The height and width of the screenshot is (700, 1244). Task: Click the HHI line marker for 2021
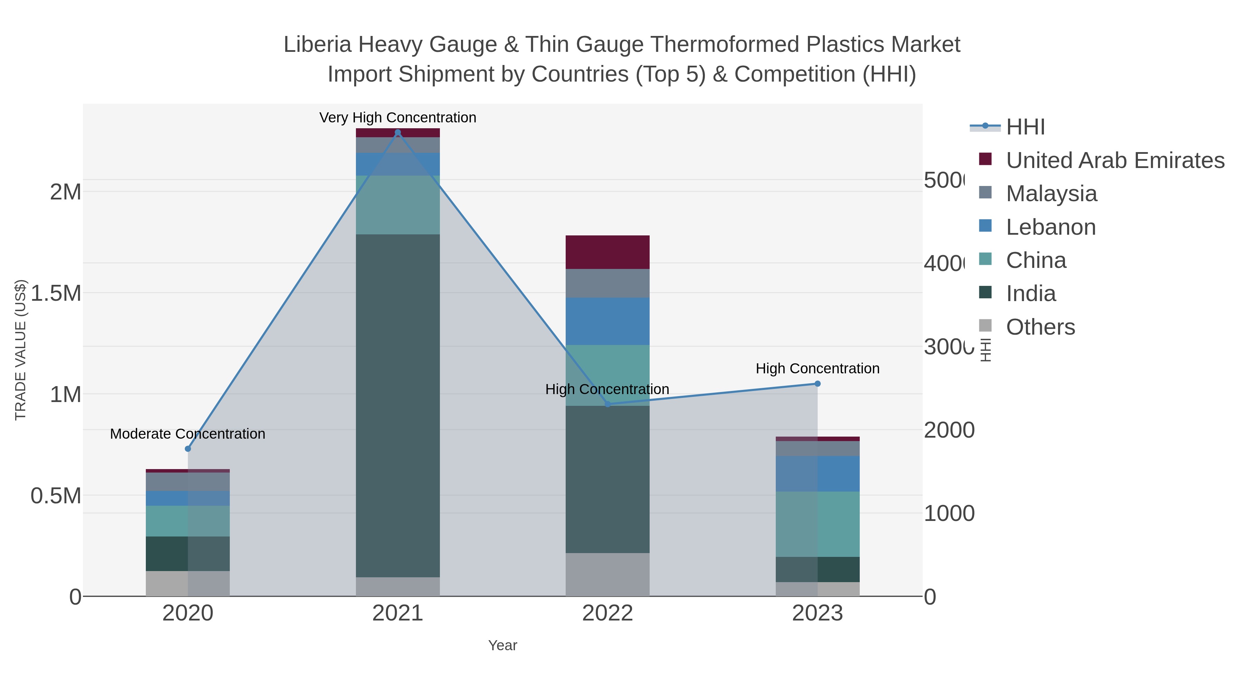[397, 132]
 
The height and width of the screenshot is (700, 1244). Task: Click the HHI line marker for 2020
[188, 449]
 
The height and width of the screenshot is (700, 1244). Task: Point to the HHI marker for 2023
[817, 384]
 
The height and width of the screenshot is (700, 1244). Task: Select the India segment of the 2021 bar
[397, 406]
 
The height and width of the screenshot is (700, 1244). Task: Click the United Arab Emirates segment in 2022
[607, 252]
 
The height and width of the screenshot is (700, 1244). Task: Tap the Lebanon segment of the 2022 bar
[607, 321]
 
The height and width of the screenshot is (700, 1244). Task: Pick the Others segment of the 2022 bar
[607, 575]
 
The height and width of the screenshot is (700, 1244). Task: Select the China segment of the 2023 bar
[817, 524]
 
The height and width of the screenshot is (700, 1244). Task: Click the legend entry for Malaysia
[1051, 194]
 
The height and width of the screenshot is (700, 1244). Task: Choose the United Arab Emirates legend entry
[1114, 160]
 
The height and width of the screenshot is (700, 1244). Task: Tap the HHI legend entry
[1025, 127]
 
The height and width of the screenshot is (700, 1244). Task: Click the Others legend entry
[1040, 327]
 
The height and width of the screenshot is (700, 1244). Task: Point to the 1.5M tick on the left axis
[56, 293]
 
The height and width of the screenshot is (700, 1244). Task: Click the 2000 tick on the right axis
[949, 430]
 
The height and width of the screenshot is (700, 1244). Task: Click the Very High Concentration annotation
[397, 118]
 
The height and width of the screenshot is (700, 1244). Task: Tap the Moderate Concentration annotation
[188, 434]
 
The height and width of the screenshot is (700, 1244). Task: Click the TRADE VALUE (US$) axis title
[21, 350]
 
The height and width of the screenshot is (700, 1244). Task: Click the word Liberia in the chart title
[317, 45]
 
